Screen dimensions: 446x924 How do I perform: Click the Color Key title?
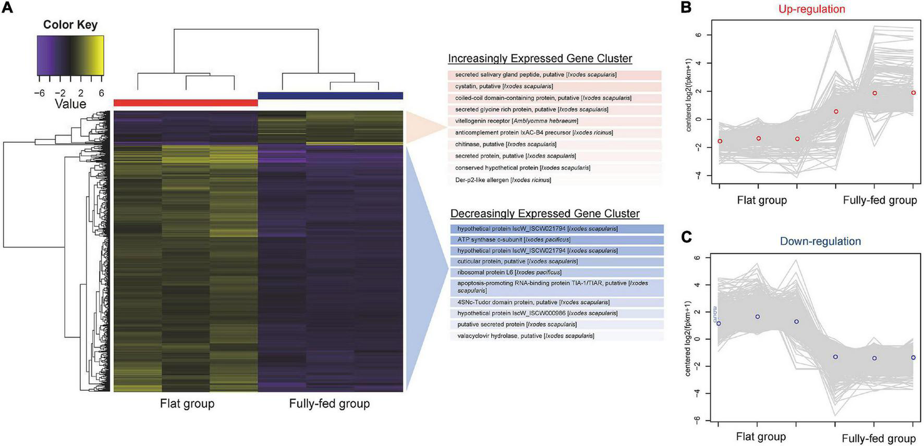[x=70, y=24]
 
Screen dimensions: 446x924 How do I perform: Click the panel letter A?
[x=8, y=9]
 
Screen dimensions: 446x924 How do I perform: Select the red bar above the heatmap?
[x=186, y=103]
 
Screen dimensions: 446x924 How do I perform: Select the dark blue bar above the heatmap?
[x=331, y=95]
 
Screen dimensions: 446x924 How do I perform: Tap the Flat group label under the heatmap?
[x=187, y=404]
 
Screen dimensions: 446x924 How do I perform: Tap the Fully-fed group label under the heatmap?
[x=330, y=404]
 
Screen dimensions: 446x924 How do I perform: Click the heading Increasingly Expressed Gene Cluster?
[x=540, y=58]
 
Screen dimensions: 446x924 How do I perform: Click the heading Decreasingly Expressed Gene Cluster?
[x=545, y=214]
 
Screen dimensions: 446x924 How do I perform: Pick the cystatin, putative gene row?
[x=504, y=86]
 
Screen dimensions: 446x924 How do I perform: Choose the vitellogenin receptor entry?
[x=516, y=121]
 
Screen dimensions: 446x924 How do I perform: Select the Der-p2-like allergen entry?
[x=503, y=180]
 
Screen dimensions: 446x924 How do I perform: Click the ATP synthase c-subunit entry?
[x=514, y=240]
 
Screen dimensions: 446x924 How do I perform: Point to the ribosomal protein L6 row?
[x=509, y=272]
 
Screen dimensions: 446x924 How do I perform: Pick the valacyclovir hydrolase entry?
[x=526, y=336]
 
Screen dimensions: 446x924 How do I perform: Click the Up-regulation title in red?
[x=811, y=9]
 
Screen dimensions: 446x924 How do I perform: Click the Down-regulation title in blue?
[x=820, y=241]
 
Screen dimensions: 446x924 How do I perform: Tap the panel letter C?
[x=687, y=237]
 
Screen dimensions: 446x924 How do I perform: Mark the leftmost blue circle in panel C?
[x=719, y=324]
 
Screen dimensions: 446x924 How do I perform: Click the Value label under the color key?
[x=70, y=104]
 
